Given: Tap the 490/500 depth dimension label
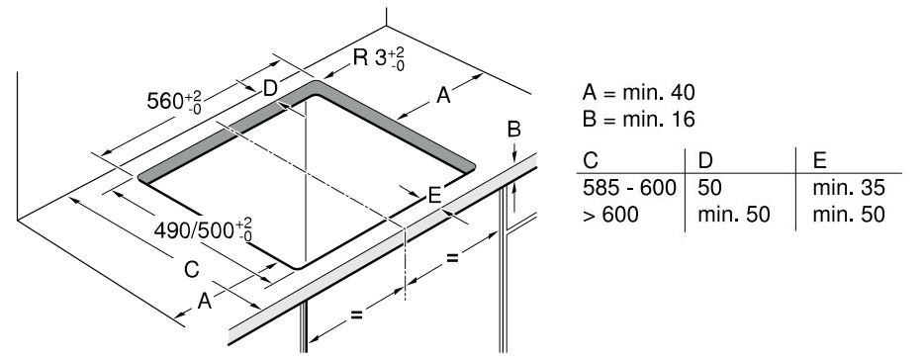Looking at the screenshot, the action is click(203, 229).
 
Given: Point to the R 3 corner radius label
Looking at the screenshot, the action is click(379, 58).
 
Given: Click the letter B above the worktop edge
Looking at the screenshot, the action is click(513, 129).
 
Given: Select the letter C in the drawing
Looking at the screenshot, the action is click(192, 270).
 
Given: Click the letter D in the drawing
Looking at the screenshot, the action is click(270, 88).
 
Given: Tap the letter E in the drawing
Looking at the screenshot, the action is click(434, 196).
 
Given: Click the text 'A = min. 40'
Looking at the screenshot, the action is click(639, 92).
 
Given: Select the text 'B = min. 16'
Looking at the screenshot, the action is click(639, 119).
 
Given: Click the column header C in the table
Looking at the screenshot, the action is click(591, 160).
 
